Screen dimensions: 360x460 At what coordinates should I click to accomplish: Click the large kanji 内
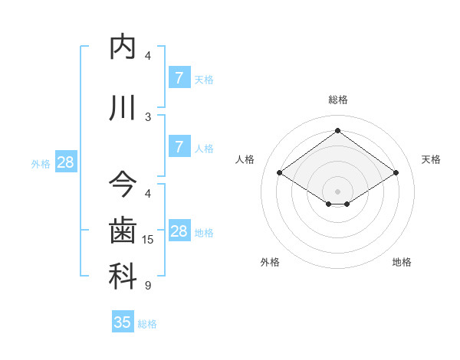pyautogui.click(x=123, y=47)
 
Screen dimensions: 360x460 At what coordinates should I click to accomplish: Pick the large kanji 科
pyautogui.click(x=123, y=277)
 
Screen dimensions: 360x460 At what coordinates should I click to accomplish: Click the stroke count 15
pyautogui.click(x=148, y=240)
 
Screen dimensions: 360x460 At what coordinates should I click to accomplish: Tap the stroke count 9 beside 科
pyautogui.click(x=148, y=286)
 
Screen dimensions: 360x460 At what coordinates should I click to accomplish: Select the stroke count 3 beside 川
pyautogui.click(x=148, y=116)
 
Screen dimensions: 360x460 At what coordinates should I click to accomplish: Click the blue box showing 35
pyautogui.click(x=123, y=322)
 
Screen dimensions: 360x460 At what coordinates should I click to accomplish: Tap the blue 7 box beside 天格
pyautogui.click(x=179, y=77)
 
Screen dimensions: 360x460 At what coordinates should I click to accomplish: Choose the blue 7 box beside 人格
pyautogui.click(x=179, y=147)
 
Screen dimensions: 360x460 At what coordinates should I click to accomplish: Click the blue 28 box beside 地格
pyautogui.click(x=179, y=231)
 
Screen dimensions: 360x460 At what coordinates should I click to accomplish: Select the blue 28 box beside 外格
pyautogui.click(x=65, y=162)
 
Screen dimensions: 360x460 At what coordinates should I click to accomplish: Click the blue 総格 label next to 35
pyautogui.click(x=147, y=324)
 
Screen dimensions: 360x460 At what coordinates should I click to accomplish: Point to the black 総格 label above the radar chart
pyautogui.click(x=337, y=100)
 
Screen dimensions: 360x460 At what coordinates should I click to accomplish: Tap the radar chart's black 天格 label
pyautogui.click(x=431, y=159)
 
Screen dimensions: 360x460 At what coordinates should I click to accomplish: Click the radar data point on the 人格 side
pyautogui.click(x=280, y=173)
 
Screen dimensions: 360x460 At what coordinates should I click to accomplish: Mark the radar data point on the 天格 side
pyautogui.click(x=396, y=173)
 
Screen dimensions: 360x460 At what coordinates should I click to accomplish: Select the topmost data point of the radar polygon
pyautogui.click(x=337, y=131)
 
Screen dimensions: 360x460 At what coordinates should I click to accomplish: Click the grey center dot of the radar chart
pyautogui.click(x=337, y=190)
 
